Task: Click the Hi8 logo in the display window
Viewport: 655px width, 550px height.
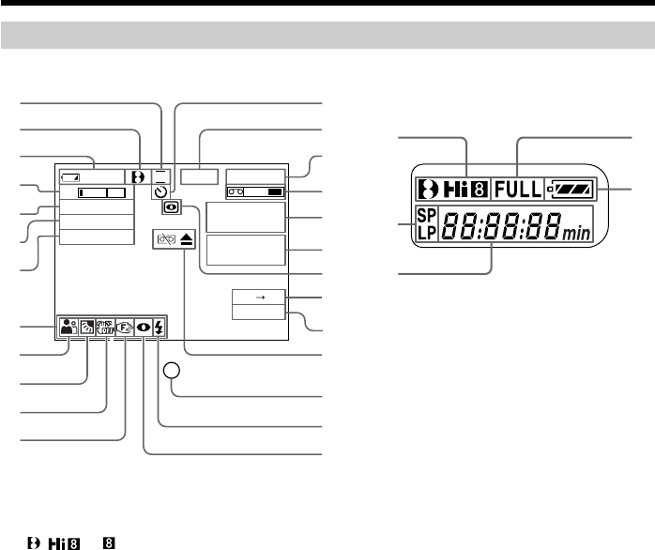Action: point(452,189)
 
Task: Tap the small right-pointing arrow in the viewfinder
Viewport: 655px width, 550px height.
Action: point(255,296)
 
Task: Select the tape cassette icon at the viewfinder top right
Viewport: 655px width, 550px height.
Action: point(235,191)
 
